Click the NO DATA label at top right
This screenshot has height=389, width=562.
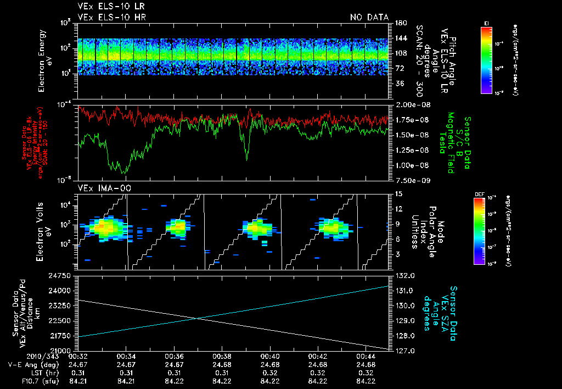click(369, 17)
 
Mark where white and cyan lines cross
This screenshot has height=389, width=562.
click(196, 318)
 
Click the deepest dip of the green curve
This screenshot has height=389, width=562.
click(124, 173)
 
